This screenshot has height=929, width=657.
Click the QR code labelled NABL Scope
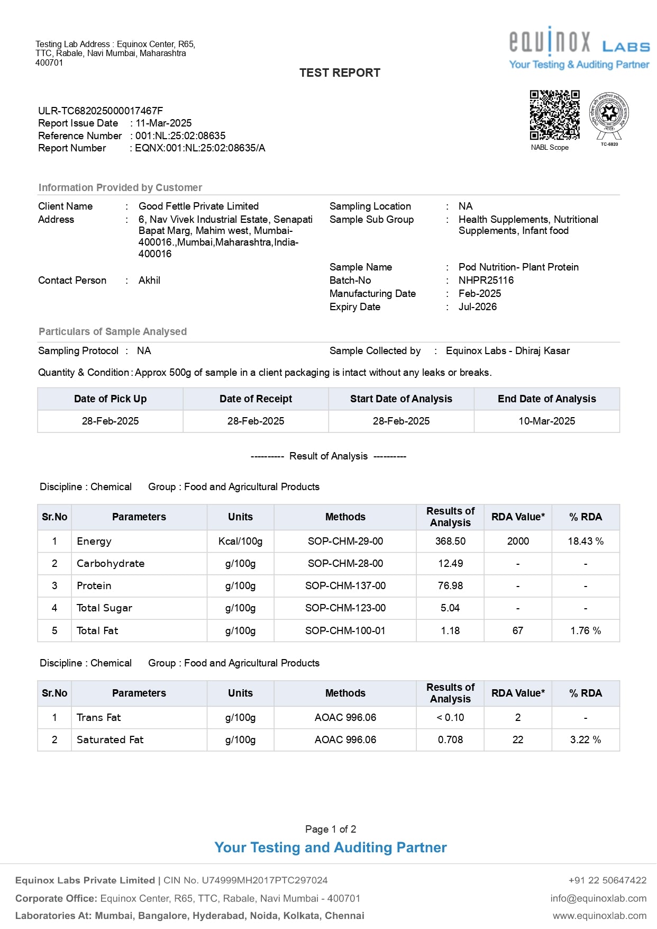554,115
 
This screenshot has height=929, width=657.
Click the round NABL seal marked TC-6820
609,113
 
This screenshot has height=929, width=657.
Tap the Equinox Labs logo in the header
579,48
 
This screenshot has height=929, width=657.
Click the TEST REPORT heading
340,73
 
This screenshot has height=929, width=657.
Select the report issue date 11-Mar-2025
163,123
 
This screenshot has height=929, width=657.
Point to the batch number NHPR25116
486,281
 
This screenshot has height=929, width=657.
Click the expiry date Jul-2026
477,307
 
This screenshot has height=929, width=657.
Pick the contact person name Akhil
149,281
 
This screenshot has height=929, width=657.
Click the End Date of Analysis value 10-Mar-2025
546,421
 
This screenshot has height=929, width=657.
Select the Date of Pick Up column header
110,399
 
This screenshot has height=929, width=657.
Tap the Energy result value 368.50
450,542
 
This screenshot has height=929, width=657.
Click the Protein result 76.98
450,586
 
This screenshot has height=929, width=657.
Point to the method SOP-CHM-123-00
345,608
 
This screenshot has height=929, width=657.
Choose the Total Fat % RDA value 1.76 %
585,631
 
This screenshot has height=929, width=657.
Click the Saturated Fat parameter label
110,740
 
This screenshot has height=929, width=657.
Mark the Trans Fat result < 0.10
450,718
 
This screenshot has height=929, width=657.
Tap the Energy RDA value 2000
518,542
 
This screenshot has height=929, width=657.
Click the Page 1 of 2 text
331,829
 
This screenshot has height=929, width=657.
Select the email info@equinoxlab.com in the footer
598,898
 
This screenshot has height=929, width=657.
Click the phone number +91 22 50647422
607,880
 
